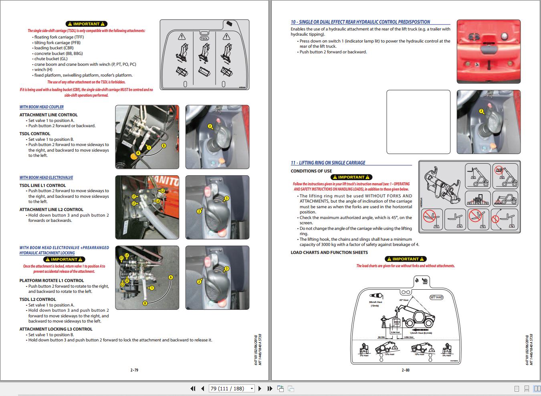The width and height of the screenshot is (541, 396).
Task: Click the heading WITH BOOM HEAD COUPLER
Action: pyautogui.click(x=42, y=107)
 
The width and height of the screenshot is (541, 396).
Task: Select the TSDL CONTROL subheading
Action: pyautogui.click(x=35, y=134)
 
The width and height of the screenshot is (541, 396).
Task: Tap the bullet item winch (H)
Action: pyautogui.click(x=43, y=69)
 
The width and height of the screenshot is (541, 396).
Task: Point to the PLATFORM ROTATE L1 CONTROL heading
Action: pyautogui.click(x=52, y=281)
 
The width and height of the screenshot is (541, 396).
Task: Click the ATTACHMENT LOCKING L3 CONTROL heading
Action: pyautogui.click(x=56, y=329)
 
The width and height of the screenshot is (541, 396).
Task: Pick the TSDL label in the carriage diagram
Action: pyautogui.click(x=204, y=39)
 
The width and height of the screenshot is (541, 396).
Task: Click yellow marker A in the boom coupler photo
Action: pyautogui.click(x=138, y=153)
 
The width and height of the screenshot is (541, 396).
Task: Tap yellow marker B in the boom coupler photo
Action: pyautogui.click(x=164, y=145)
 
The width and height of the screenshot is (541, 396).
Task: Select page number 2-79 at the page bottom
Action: pyautogui.click(x=134, y=370)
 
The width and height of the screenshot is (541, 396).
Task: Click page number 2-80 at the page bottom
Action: pyautogui.click(x=406, y=370)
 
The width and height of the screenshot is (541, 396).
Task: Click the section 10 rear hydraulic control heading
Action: pyautogui.click(x=360, y=22)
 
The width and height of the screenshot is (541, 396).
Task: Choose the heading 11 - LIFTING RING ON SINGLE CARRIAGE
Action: pyautogui.click(x=328, y=163)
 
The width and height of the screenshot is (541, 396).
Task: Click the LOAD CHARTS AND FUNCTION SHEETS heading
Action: pyautogui.click(x=329, y=253)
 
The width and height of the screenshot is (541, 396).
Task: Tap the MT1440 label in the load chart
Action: pyautogui.click(x=436, y=297)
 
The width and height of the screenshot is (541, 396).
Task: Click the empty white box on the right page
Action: pyautogui.click(x=418, y=122)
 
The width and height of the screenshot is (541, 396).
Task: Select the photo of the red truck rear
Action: pyautogui.click(x=489, y=51)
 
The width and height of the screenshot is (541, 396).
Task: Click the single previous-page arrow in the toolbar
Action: pyautogui.click(x=203, y=388)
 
